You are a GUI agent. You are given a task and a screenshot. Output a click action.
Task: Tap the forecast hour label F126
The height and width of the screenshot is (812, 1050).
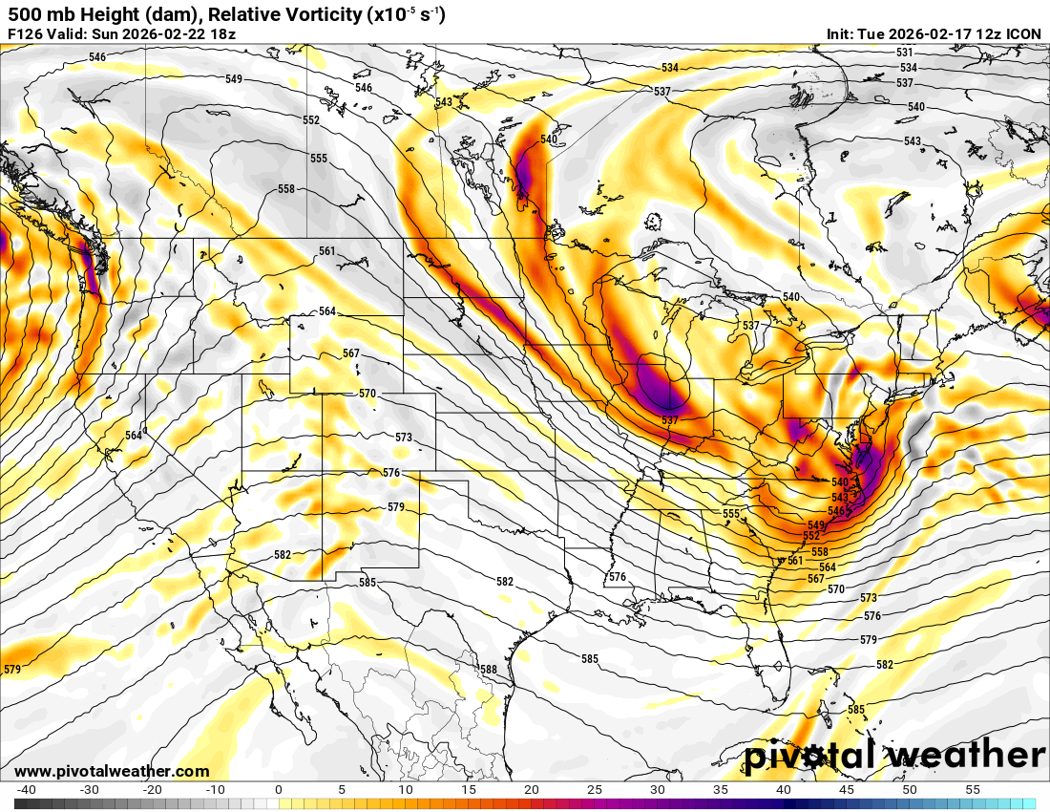pyautogui.click(x=25, y=34)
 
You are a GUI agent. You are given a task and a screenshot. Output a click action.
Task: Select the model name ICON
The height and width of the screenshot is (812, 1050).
pyautogui.click(x=1023, y=34)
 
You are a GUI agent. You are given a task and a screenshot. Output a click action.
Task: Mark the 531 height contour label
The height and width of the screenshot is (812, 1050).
pyautogui.click(x=905, y=53)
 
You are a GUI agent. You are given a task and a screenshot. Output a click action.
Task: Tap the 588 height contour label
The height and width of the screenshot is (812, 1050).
pyautogui.click(x=489, y=670)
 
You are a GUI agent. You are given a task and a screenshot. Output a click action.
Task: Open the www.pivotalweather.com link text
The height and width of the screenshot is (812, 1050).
pyautogui.click(x=112, y=771)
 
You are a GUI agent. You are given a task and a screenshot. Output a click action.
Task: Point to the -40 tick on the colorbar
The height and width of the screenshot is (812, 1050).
pyautogui.click(x=26, y=790)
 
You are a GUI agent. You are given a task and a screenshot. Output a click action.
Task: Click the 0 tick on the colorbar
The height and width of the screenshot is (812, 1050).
pyautogui.click(x=278, y=790)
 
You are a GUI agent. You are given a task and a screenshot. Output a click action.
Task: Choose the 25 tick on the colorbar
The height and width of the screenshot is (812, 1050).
pyautogui.click(x=594, y=790)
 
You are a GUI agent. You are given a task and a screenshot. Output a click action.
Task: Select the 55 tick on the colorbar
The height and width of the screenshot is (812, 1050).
pyautogui.click(x=973, y=790)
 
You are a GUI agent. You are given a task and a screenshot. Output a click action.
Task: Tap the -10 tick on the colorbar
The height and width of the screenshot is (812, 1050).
pyautogui.click(x=215, y=790)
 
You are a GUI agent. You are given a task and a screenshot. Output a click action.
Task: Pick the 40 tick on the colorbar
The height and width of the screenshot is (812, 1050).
pyautogui.click(x=783, y=790)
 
